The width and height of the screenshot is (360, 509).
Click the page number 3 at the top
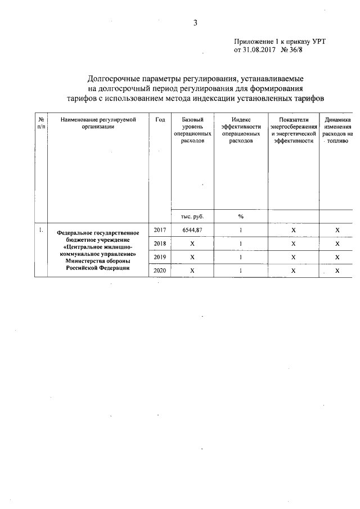[x=195, y=23]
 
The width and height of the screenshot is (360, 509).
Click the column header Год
[x=160, y=120]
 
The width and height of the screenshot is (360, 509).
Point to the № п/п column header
[x=40, y=124]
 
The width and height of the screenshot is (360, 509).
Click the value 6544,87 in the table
[x=192, y=230]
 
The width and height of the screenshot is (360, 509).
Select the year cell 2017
[x=160, y=230]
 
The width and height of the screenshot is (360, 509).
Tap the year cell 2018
[x=160, y=244]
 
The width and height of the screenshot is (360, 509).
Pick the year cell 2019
[x=160, y=257]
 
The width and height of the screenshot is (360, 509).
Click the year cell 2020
[x=160, y=271]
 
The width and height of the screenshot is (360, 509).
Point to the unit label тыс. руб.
[x=192, y=217]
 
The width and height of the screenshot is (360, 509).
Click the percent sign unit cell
[x=241, y=217]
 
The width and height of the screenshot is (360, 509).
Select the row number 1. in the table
[x=40, y=230]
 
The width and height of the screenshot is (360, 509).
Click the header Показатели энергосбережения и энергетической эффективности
[x=293, y=130]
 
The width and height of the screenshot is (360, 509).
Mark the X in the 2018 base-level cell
[x=192, y=244]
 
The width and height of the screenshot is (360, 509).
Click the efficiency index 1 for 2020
[x=241, y=271]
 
